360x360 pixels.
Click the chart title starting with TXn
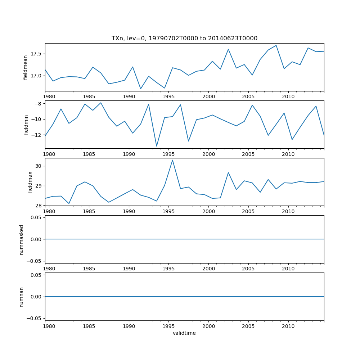tap(184, 39)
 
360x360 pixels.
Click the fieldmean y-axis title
tap(26, 67)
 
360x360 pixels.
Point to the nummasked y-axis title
tap(22, 239)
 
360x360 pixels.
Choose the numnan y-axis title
tap(22, 297)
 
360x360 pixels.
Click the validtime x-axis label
tap(184, 333)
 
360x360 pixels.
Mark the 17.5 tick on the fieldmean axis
tap(36, 54)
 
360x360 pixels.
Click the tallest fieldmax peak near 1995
tap(172, 160)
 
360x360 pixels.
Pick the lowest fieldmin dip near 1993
tap(157, 146)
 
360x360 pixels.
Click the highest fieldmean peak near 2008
tap(276, 45)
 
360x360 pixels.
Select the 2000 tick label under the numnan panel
tap(208, 326)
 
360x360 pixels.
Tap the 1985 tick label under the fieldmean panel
tap(89, 97)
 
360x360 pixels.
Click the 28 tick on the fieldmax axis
tap(39, 206)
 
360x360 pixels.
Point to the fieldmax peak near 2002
tap(228, 172)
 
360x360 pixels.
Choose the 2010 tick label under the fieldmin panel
tap(288, 154)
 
